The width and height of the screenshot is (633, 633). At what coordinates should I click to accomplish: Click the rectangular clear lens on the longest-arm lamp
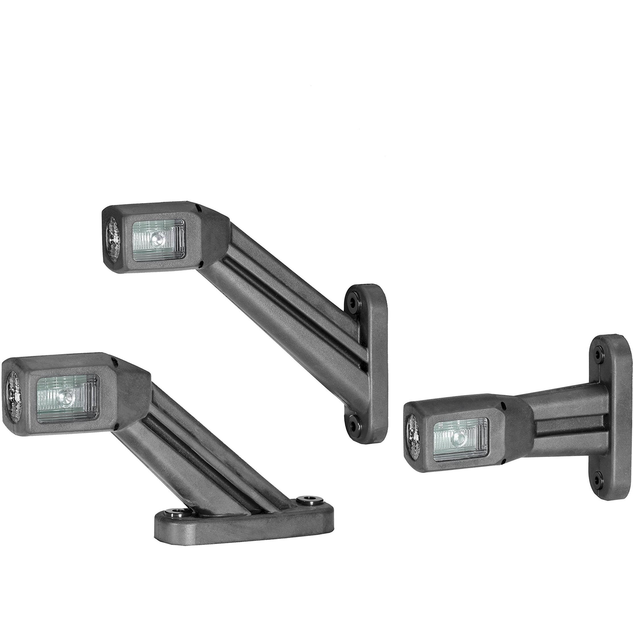pyautogui.click(x=158, y=240)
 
